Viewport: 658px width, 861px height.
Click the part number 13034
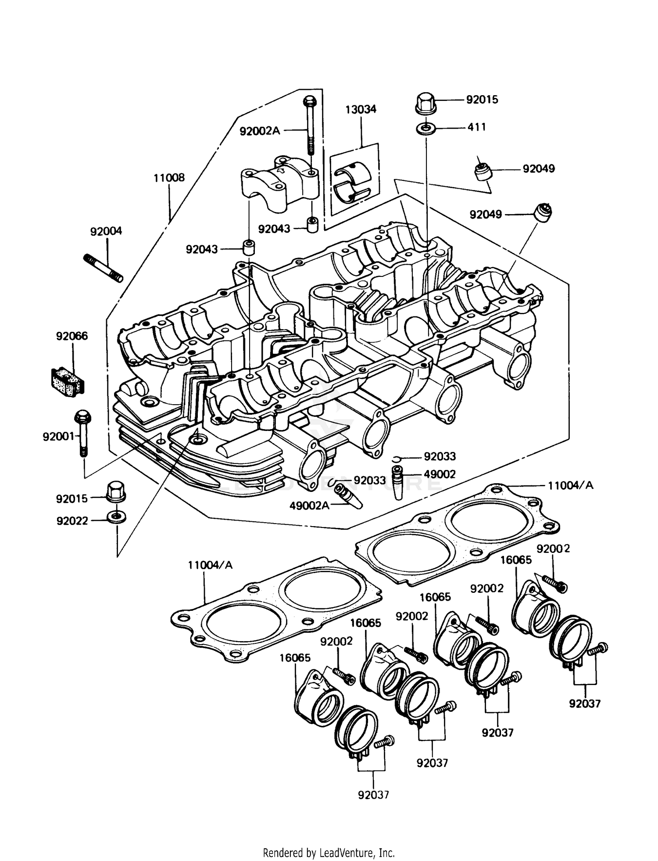click(361, 109)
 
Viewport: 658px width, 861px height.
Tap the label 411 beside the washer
click(476, 127)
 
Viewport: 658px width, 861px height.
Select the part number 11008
click(169, 178)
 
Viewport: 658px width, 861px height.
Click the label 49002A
click(309, 506)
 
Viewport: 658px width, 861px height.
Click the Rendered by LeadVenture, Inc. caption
click(329, 853)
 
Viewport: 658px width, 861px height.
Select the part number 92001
click(58, 437)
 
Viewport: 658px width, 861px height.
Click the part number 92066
click(72, 336)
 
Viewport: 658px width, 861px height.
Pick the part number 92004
click(106, 231)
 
